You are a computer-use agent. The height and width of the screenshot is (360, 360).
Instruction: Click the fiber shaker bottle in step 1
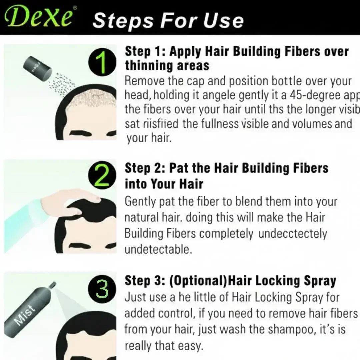click(38, 67)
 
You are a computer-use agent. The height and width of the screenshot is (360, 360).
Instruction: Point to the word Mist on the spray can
click(25, 314)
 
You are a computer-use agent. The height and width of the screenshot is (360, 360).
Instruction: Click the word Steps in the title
click(123, 21)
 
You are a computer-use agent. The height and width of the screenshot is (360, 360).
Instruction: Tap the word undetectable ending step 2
click(158, 249)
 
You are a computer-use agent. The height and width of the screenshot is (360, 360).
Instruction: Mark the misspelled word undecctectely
click(292, 234)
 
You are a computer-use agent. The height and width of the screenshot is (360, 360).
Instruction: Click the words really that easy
click(164, 346)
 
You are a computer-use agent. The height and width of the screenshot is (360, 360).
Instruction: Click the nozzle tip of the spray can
click(53, 284)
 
